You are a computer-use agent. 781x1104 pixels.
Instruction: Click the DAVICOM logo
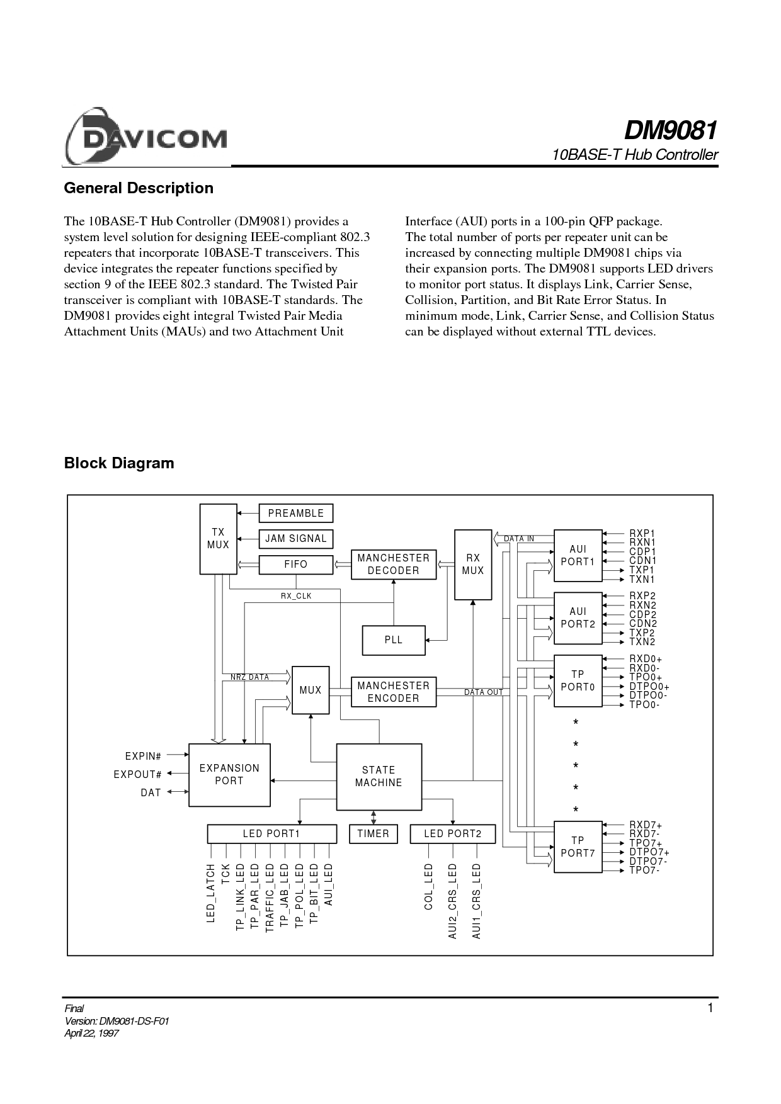[x=145, y=137]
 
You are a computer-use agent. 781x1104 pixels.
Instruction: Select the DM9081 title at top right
[x=670, y=131]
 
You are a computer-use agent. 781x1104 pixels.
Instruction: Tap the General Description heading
[x=139, y=188]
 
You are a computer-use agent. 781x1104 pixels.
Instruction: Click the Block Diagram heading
[x=119, y=463]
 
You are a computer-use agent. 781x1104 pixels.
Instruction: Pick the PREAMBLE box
[x=296, y=514]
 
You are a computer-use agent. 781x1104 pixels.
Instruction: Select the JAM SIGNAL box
[x=296, y=539]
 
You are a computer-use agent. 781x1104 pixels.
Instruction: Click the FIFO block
[x=296, y=565]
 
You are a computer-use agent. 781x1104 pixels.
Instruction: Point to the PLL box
[x=394, y=640]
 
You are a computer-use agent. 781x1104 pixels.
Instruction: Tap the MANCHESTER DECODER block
[x=394, y=565]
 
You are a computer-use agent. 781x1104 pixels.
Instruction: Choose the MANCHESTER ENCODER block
[x=394, y=692]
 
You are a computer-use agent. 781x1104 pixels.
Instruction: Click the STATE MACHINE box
[x=379, y=777]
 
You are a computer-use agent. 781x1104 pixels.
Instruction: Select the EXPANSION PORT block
[x=230, y=775]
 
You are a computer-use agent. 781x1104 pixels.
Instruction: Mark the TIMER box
[x=373, y=834]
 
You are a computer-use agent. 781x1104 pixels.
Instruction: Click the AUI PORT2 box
[x=578, y=618]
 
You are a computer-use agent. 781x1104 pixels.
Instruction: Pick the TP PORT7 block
[x=578, y=847]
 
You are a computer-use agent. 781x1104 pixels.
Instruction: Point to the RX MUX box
[x=473, y=565]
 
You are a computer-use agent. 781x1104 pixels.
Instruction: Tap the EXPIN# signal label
[x=144, y=756]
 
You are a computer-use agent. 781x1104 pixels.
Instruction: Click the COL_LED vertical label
[x=429, y=886]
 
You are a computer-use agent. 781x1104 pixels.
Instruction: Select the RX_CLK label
[x=296, y=596]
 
